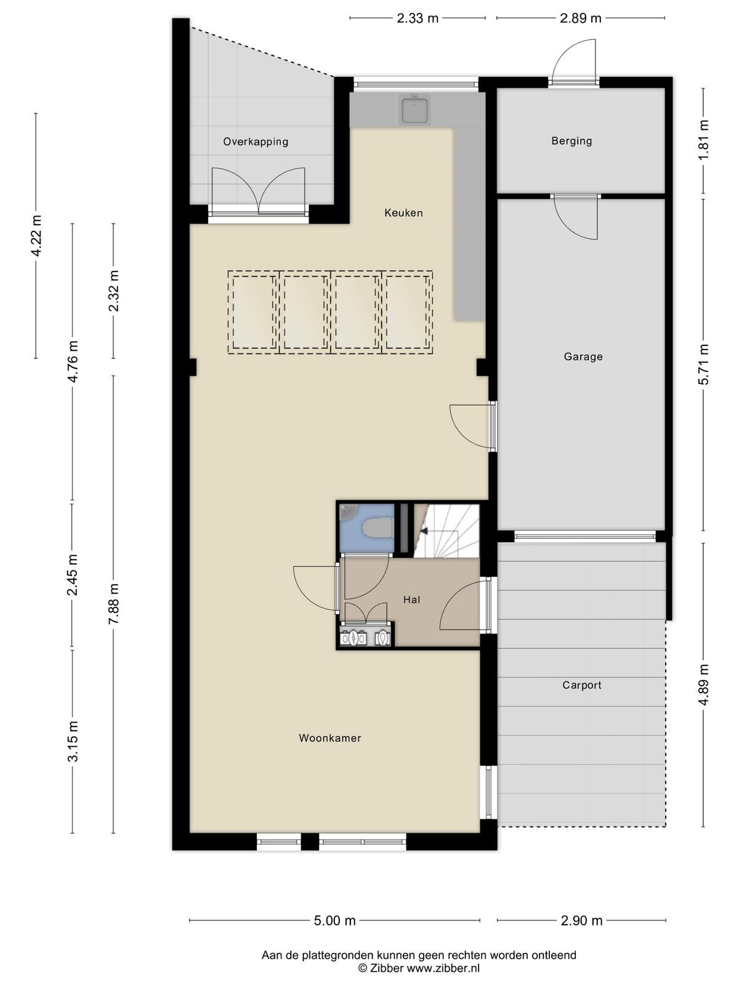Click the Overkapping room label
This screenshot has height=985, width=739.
coord(256,142)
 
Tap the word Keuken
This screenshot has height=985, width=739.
coord(403,213)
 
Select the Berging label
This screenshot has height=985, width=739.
coord(571,141)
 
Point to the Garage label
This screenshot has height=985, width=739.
coord(583,356)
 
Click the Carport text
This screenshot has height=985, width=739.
coord(581,685)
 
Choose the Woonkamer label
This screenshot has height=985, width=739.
coord(330,738)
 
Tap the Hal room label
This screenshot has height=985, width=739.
coord(411,600)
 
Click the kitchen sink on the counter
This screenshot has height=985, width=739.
coord(415,110)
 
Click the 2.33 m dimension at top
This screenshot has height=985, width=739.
coord(418,18)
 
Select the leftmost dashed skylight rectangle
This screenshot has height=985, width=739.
coord(254,312)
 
